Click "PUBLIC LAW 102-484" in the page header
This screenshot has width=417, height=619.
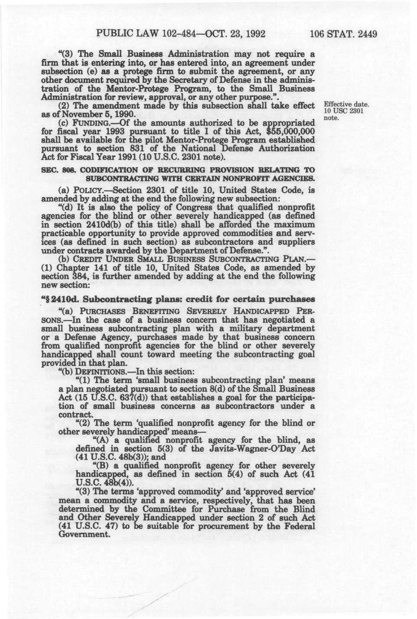[136, 34]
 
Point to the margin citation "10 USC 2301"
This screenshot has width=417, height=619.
[343, 111]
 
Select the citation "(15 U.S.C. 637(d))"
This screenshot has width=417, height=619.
[91, 398]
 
